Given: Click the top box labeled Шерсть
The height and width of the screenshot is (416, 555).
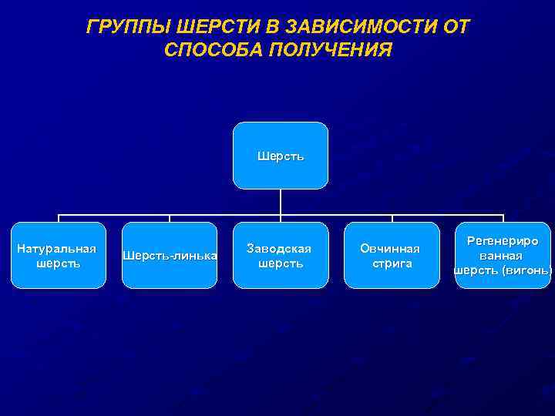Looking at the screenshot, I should point(281,156).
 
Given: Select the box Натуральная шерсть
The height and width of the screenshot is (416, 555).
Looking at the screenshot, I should point(59,256).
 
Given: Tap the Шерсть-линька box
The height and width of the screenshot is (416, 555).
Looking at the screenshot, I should point(170,256).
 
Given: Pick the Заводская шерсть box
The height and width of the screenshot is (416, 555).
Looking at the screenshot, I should point(281,256).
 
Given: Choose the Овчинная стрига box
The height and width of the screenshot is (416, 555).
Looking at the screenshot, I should point(392,256).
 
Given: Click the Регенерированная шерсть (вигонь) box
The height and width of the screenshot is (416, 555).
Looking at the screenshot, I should point(503,256).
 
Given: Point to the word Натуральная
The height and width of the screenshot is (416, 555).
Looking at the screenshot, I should point(57,248).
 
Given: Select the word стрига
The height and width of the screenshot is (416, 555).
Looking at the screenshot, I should point(392,263).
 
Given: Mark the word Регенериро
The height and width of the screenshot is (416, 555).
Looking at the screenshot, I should point(503,241).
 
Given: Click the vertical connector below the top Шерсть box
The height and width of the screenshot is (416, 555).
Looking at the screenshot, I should point(281,202).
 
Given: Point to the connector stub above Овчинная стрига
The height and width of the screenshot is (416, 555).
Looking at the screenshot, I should point(392,219).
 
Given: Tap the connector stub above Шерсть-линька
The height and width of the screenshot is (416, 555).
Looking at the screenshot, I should point(170,219).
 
